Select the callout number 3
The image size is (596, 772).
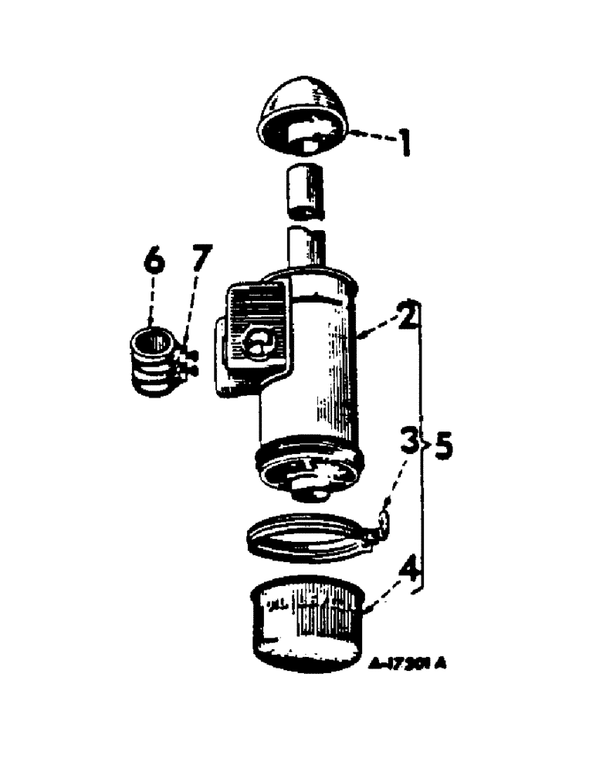click(410, 443)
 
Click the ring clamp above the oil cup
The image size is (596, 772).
click(305, 536)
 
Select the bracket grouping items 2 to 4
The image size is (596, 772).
click(420, 446)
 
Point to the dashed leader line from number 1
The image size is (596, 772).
click(368, 137)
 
